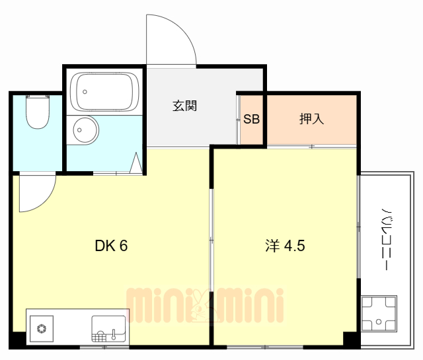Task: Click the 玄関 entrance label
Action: click(x=186, y=106)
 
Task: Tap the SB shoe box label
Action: click(x=251, y=120)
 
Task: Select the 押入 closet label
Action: click(x=311, y=120)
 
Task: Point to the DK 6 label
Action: click(x=111, y=246)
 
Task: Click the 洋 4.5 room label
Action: click(x=285, y=246)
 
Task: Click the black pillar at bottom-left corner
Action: click(x=17, y=341)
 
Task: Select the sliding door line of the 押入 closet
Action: click(x=311, y=146)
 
